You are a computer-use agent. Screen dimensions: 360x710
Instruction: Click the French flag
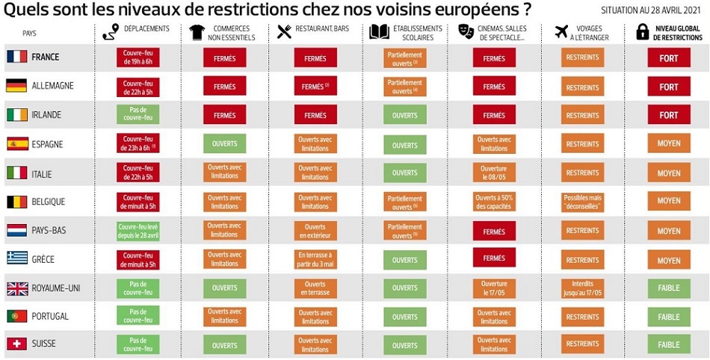tap(16, 57)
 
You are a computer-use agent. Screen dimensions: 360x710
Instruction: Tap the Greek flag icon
tap(16, 258)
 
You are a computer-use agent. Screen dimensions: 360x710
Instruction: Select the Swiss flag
tap(16, 344)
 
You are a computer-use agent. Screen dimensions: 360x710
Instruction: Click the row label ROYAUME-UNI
tap(55, 288)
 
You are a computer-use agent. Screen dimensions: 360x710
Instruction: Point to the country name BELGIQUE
tap(49, 202)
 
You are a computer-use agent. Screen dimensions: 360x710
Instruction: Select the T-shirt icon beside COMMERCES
tap(197, 32)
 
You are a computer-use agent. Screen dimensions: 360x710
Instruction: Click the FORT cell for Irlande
tap(669, 115)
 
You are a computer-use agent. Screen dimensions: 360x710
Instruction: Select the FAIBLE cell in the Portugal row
tap(669, 317)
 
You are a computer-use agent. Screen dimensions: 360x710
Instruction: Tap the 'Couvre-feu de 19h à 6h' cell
tap(138, 58)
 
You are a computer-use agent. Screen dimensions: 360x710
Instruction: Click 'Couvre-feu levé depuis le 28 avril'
tap(138, 231)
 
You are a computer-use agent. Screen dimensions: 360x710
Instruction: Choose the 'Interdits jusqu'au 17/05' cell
tap(583, 288)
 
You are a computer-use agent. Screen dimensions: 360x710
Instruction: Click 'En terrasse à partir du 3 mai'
tap(315, 259)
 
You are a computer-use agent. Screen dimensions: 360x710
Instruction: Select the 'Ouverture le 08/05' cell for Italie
tap(494, 173)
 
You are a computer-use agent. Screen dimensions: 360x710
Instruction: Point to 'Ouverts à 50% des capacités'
tap(494, 202)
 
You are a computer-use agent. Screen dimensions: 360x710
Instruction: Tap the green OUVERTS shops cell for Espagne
tap(225, 144)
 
